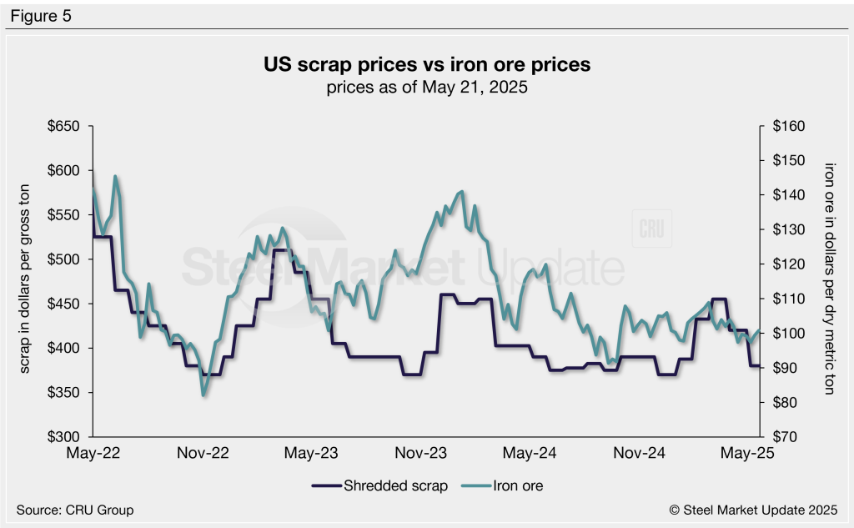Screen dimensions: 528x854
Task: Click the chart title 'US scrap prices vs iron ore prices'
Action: (427, 65)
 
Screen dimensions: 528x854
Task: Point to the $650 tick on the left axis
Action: (63, 127)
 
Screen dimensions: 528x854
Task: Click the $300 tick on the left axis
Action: (63, 437)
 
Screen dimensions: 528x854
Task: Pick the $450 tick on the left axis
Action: (63, 304)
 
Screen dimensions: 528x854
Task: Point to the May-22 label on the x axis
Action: (93, 454)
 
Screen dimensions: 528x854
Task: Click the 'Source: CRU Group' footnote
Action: (74, 510)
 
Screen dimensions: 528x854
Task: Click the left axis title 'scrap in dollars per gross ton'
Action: (25, 281)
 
